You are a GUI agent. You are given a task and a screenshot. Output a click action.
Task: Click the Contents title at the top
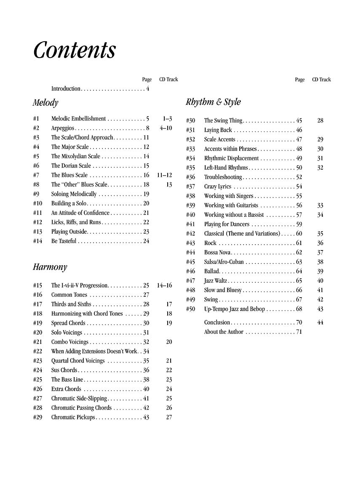point(74,51)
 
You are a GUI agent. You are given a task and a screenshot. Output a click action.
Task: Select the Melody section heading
point(45,102)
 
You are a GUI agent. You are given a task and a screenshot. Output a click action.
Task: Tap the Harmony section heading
point(50,267)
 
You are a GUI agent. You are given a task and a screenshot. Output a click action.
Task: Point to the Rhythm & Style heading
point(213,102)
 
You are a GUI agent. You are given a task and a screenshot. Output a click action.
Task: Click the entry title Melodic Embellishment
point(78,119)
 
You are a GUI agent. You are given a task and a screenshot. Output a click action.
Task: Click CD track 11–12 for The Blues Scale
point(164,175)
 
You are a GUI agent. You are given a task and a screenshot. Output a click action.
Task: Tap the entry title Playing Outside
point(69,232)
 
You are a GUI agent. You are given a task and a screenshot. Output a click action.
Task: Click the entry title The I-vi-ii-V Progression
point(80,285)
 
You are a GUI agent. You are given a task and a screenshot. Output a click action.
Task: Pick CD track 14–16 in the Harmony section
point(164,285)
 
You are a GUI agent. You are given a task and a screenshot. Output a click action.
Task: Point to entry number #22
point(37,351)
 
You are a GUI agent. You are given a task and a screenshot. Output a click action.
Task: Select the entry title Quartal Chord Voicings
point(78,361)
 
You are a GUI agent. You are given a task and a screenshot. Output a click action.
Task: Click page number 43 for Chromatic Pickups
point(146,417)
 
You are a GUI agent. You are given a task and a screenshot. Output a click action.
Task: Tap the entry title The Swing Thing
point(223,121)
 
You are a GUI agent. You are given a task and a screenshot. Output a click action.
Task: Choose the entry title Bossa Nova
point(217,253)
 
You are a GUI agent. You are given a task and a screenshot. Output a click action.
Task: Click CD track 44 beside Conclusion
point(320,322)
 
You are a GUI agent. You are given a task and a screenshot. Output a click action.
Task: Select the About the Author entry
point(224,332)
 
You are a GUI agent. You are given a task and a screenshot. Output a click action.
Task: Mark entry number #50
point(190,309)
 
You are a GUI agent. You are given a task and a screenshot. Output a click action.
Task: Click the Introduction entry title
point(66,89)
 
